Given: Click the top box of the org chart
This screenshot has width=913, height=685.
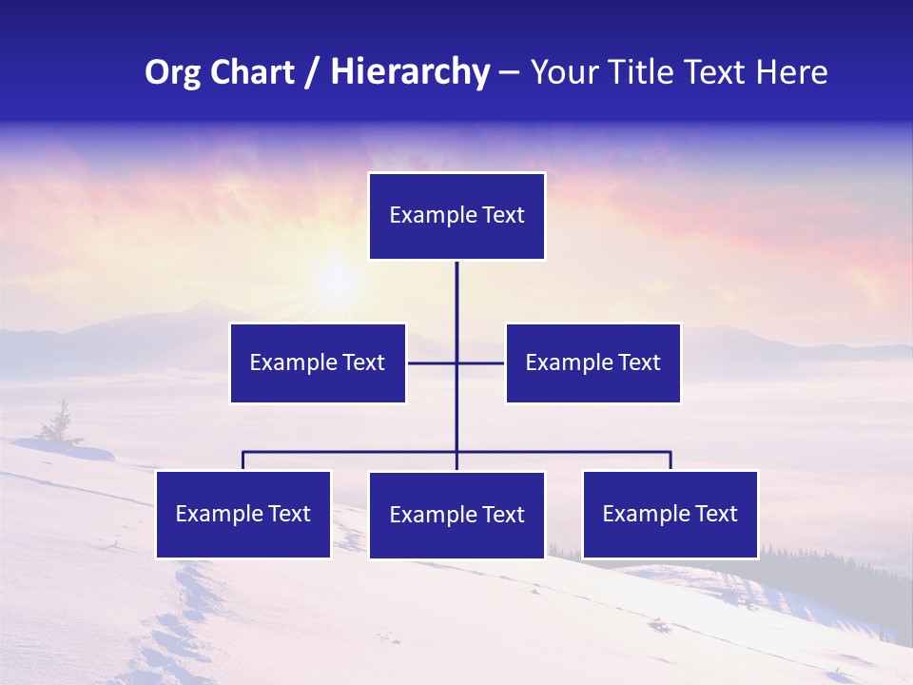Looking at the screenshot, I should coord(456,216).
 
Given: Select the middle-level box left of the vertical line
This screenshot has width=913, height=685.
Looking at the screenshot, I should coord(318,362).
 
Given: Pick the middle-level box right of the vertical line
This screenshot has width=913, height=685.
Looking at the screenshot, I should coord(592,362).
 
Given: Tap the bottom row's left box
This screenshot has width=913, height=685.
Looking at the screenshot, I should coord(243,514).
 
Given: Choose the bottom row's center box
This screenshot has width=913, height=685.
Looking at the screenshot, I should coord(456,515).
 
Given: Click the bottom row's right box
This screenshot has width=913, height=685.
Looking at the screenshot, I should coord(670,514).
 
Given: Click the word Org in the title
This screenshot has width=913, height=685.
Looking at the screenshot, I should coord(172,72).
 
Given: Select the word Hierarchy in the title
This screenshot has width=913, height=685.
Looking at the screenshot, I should coord(410,72).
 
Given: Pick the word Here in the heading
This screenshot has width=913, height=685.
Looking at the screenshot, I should coord(791,72).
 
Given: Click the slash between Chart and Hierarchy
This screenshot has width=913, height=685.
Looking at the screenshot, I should coord(312,73).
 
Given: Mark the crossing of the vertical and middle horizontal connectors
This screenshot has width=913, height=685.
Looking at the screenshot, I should coord(456,362).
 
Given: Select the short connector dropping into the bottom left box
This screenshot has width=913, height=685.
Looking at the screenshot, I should coord(243,460).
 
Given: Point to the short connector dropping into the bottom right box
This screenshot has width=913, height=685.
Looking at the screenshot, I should coord(670,460).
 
